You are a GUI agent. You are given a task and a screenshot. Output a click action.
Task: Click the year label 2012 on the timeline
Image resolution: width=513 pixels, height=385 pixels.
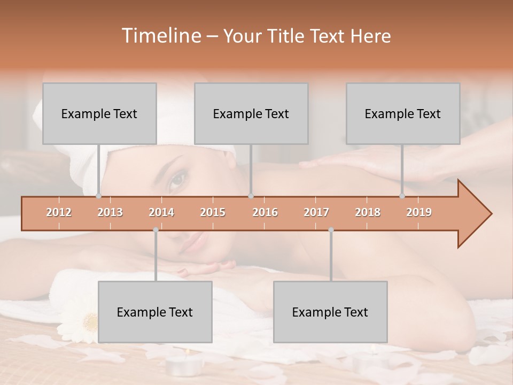[59, 212]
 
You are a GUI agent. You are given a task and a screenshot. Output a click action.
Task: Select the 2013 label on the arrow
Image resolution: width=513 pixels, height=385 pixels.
[110, 212]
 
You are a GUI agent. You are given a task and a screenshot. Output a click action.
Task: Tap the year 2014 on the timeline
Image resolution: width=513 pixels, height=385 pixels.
[161, 212]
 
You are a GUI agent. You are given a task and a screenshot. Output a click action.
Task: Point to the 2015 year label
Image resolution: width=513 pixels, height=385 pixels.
[213, 212]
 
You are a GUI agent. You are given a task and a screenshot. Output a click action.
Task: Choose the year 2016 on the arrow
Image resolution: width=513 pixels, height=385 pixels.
[265, 212]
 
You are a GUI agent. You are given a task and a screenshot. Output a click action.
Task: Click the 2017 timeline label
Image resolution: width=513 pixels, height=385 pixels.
[316, 212]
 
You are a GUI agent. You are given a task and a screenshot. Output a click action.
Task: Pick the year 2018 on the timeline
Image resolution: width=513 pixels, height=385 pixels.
[368, 212]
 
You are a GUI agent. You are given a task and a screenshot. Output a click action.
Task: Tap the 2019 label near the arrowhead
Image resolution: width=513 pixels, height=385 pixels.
[419, 212]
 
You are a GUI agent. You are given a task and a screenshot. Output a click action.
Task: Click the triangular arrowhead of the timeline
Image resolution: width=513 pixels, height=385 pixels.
[473, 214]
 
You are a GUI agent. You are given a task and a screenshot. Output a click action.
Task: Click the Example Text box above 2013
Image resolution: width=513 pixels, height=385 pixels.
[99, 113]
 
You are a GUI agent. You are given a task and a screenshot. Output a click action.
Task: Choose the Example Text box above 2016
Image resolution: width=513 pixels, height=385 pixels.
[251, 113]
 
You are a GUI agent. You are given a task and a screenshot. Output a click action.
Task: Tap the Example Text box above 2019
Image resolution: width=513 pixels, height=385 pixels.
[403, 113]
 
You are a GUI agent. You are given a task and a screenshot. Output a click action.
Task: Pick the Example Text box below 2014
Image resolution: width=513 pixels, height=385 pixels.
[155, 312]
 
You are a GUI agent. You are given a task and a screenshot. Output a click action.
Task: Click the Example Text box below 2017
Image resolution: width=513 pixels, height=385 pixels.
[330, 312]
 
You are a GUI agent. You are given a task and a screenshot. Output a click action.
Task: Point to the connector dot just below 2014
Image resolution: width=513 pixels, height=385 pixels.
[156, 230]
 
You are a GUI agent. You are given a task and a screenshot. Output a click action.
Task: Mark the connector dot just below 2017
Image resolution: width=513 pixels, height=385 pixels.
[331, 230]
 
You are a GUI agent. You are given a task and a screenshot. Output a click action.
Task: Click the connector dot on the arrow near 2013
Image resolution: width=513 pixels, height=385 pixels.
[98, 196]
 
